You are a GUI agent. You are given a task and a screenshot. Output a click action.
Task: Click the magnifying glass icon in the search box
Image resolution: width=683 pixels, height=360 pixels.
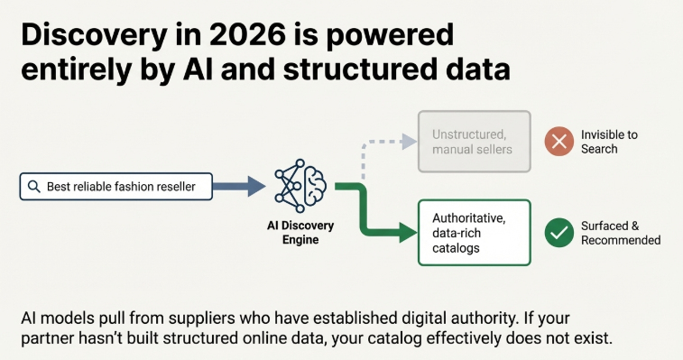pos(33,187)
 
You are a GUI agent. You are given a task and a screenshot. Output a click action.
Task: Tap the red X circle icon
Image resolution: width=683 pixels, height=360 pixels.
pos(559,142)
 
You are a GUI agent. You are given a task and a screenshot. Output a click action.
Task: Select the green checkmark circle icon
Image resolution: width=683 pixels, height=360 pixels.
pos(559,233)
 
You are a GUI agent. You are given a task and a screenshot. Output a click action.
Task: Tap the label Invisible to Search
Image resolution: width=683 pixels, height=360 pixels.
pos(609,142)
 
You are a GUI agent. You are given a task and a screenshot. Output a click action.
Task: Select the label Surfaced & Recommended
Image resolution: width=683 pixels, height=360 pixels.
pos(621,233)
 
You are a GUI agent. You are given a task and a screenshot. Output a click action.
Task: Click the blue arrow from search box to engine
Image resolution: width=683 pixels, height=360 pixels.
pos(241,187)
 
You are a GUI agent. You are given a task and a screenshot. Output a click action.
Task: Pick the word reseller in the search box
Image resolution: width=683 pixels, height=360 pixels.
pos(180,187)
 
